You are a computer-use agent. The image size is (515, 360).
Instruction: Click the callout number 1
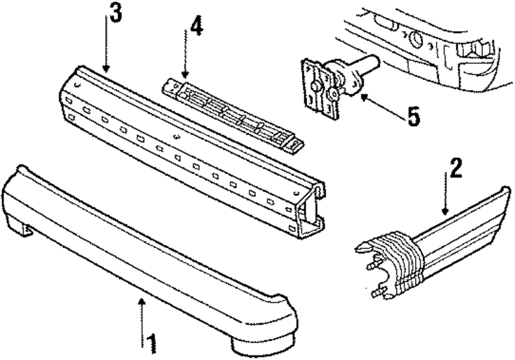[152, 344]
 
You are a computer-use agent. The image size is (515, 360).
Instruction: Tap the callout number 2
[456, 168]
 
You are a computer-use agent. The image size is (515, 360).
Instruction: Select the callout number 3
[115, 13]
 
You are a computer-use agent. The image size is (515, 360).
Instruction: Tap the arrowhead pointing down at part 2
[445, 211]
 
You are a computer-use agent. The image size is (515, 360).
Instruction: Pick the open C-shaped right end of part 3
[311, 210]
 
